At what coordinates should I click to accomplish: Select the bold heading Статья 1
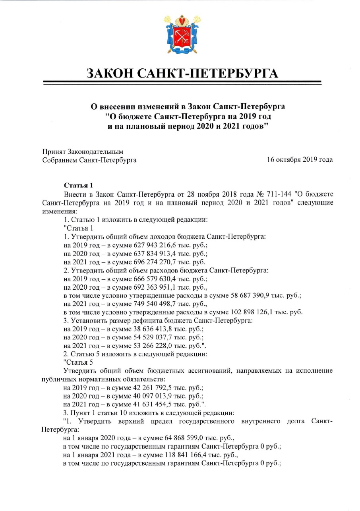(78, 185)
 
